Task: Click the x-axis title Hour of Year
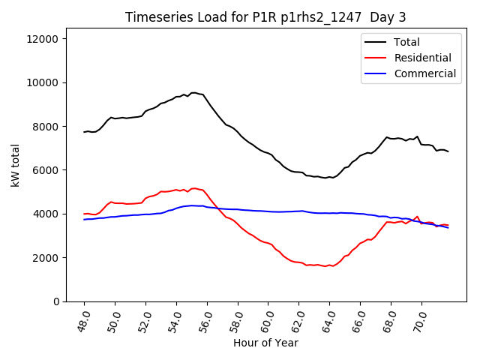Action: pos(265,343)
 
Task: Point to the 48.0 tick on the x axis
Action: pos(83,320)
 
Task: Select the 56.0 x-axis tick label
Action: pos(205,320)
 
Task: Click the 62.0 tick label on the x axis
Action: pos(297,320)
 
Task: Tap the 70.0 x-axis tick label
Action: pos(419,320)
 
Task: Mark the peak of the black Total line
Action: pos(193,93)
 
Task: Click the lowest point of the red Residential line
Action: pos(325,266)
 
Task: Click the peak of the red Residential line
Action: pos(193,188)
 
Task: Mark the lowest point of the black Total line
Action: pos(324,178)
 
